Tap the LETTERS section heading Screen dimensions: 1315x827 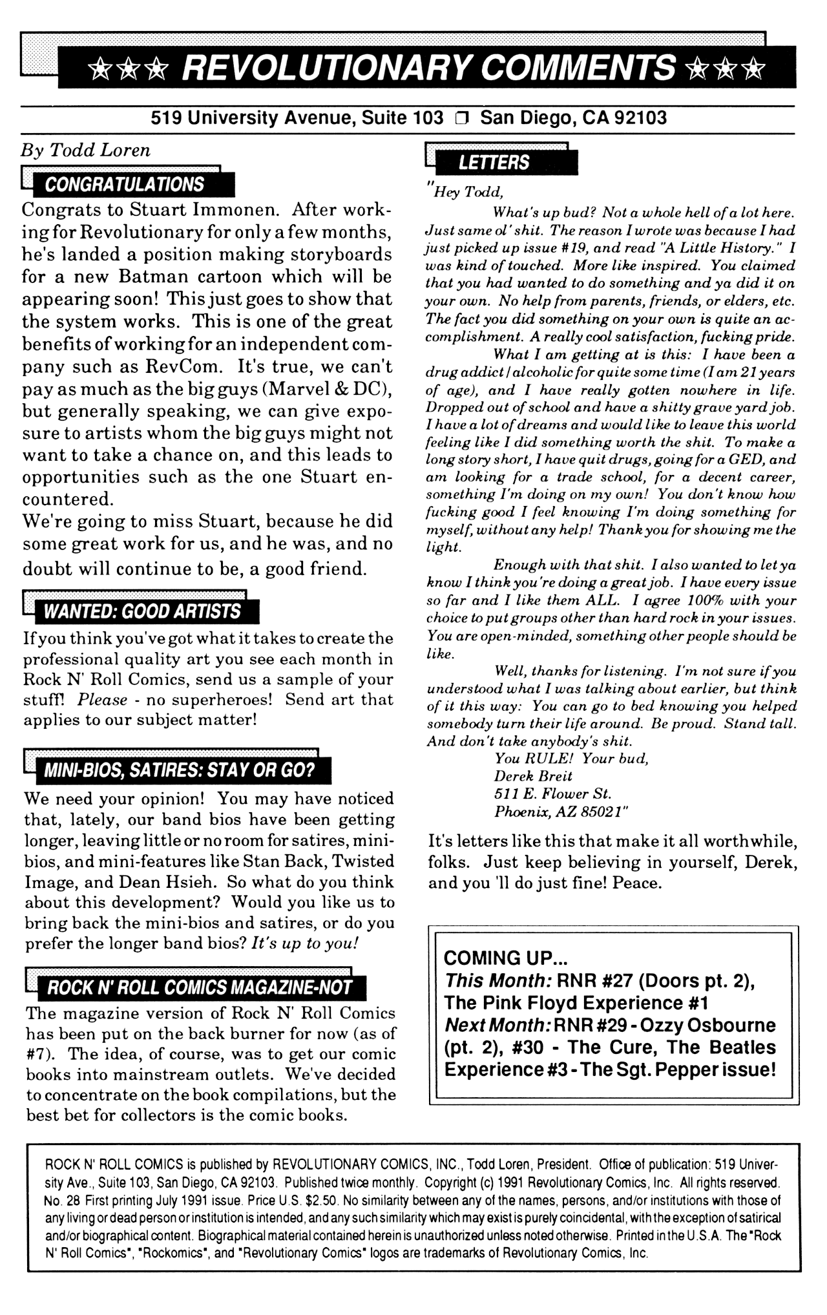pyautogui.click(x=494, y=163)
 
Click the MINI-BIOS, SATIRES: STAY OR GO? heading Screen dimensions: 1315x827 pyautogui.click(x=178, y=770)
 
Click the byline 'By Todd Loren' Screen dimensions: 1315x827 pyautogui.click(x=85, y=150)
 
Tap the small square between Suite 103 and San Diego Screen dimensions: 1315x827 pyautogui.click(x=461, y=118)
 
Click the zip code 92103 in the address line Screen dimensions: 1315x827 pyautogui.click(x=640, y=118)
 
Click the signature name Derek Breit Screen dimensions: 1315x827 pyautogui.click(x=533, y=775)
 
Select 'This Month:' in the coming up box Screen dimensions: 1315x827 pyautogui.click(x=497, y=981)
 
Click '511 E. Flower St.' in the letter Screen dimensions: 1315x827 pyautogui.click(x=552, y=794)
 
